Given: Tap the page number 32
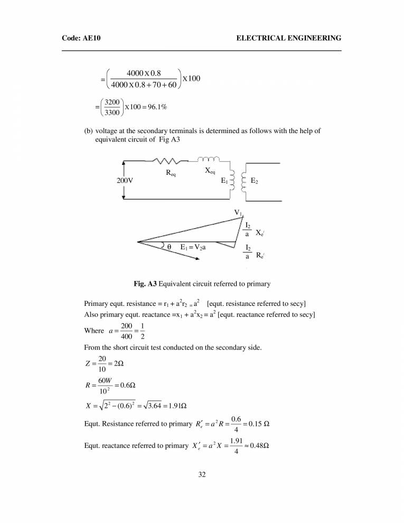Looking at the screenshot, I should pos(201,475).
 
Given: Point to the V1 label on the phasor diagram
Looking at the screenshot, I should pos(239,213).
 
